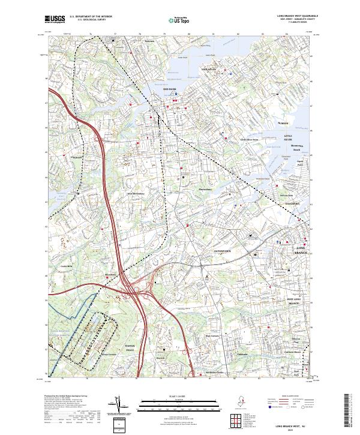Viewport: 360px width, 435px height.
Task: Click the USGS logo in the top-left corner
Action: click(55, 19)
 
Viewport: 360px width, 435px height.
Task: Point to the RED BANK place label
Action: click(170, 89)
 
